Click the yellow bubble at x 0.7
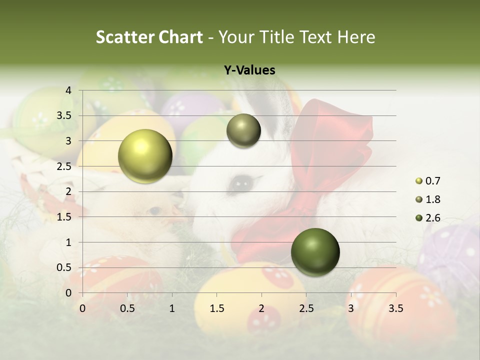(x=145, y=156)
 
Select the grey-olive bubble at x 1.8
(x=243, y=130)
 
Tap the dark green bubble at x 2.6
(x=315, y=252)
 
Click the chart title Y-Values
(x=249, y=70)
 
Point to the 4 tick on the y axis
(x=68, y=90)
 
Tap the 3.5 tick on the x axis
(x=395, y=308)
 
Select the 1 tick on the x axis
(x=172, y=308)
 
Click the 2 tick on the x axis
(x=261, y=308)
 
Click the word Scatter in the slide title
(x=125, y=37)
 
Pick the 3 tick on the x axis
(x=351, y=308)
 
